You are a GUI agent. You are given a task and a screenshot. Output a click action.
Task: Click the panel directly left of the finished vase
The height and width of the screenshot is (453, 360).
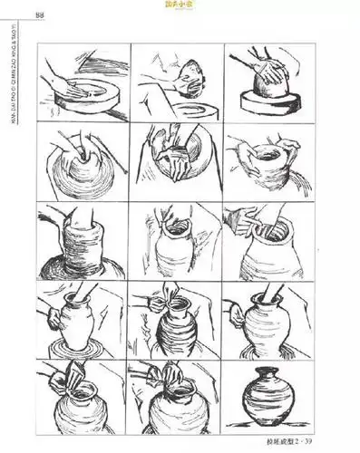click(x=175, y=400)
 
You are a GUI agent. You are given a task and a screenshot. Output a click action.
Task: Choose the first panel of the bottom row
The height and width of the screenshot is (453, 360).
click(x=83, y=400)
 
